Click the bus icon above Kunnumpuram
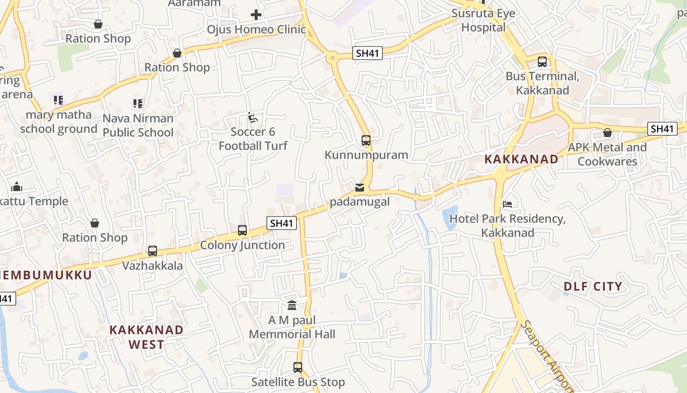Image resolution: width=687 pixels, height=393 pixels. point(366,140)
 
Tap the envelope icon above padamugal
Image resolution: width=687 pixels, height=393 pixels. point(360,188)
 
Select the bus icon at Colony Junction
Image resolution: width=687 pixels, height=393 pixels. point(242,230)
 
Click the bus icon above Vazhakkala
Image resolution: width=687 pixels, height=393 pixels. point(153,251)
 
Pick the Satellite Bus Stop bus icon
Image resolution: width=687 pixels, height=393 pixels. point(298,367)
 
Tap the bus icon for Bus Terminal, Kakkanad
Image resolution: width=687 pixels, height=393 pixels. point(542,62)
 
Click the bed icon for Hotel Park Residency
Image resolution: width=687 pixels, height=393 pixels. point(507,204)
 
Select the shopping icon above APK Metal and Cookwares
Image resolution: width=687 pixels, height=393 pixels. point(608,133)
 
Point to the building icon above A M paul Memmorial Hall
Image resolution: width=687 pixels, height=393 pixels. point(292,306)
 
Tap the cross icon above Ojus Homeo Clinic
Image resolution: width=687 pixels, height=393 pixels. point(256,15)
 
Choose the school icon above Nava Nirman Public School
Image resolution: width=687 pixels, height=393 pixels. point(138,104)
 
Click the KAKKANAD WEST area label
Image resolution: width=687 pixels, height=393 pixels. point(146,337)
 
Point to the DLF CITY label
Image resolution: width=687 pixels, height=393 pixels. point(593,286)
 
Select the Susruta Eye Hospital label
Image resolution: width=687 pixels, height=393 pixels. point(483,20)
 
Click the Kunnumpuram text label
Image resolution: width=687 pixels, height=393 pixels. point(366,155)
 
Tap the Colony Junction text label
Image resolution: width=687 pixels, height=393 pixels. point(242,245)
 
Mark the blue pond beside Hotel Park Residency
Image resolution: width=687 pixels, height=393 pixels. point(450,218)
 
